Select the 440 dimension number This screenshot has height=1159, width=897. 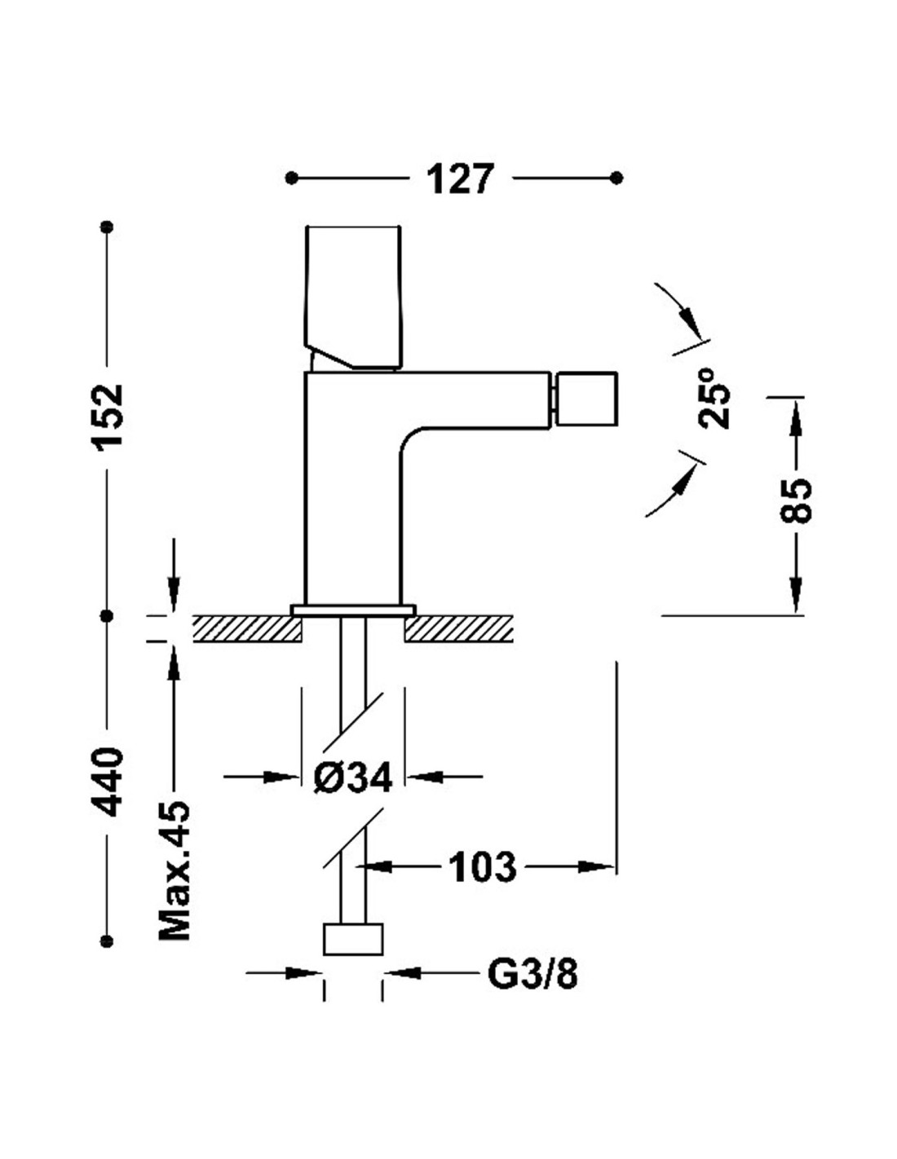108,775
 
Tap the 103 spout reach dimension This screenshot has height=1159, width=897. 482,866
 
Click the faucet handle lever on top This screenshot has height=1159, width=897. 352,297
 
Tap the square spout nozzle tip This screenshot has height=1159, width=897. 585,399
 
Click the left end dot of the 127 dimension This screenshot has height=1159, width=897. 291,178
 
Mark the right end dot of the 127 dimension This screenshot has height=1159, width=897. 616,178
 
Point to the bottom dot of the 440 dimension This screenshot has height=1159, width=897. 108,941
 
